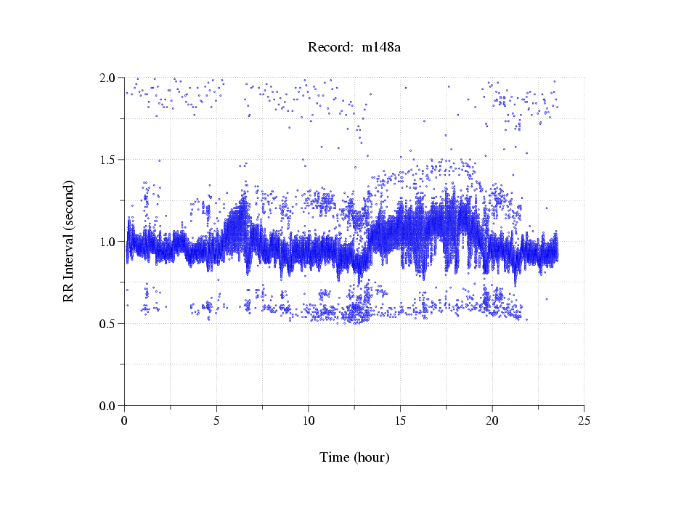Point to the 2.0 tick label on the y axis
click(x=109, y=78)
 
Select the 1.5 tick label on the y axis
click(x=109, y=160)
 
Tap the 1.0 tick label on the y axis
click(x=109, y=242)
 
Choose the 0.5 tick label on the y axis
click(x=109, y=324)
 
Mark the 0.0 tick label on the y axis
click(x=109, y=406)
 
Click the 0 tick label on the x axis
click(x=125, y=420)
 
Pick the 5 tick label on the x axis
click(x=216, y=420)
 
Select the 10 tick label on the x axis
click(x=309, y=420)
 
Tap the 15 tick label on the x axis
click(x=401, y=420)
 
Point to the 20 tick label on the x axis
click(x=492, y=420)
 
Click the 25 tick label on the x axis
click(x=584, y=420)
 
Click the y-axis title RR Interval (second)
click(x=68, y=241)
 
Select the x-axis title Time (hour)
click(x=354, y=457)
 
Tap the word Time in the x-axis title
click(x=335, y=457)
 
